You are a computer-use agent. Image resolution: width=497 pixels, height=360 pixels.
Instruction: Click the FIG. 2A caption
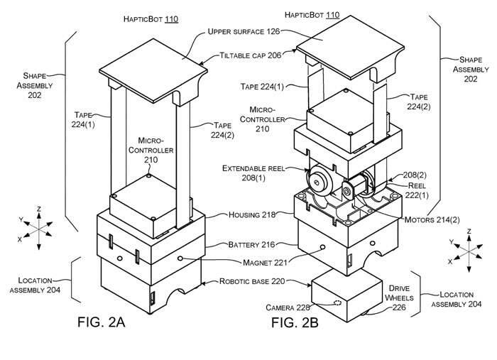pos(101,322)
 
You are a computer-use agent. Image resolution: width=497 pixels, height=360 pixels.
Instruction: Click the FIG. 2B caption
pos(295,322)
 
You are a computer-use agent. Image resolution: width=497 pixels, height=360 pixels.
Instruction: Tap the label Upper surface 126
pos(244,31)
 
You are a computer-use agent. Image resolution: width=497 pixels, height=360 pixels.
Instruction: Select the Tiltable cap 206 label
pos(251,55)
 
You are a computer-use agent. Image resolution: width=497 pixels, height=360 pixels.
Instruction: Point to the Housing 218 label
pos(252,215)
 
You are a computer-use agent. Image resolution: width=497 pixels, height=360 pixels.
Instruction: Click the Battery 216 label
pos(251,245)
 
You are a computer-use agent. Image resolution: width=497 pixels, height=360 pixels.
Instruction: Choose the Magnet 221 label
pos(265,263)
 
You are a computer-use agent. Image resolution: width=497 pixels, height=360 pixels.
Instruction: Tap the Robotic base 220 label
pos(252,281)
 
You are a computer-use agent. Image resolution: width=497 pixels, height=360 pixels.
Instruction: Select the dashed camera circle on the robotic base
pos(337,302)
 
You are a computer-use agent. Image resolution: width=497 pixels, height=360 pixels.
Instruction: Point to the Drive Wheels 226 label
pos(399,298)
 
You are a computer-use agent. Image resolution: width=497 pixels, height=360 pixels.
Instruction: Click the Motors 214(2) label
pos(432,219)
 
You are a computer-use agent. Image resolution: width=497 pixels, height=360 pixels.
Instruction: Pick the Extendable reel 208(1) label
pos(253,173)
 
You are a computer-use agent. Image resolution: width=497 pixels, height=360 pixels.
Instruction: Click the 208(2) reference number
pos(415,175)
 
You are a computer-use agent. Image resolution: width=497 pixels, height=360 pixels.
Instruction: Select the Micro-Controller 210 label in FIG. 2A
pos(151,151)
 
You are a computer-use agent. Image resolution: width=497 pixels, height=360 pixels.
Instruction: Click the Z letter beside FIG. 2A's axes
pos(38,209)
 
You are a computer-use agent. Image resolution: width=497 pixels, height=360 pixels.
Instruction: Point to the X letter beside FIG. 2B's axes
pos(449,262)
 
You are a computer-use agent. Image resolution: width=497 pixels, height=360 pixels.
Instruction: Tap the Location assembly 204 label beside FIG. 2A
pos(35,285)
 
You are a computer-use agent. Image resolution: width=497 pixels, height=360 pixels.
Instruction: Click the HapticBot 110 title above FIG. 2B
pos(312,15)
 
